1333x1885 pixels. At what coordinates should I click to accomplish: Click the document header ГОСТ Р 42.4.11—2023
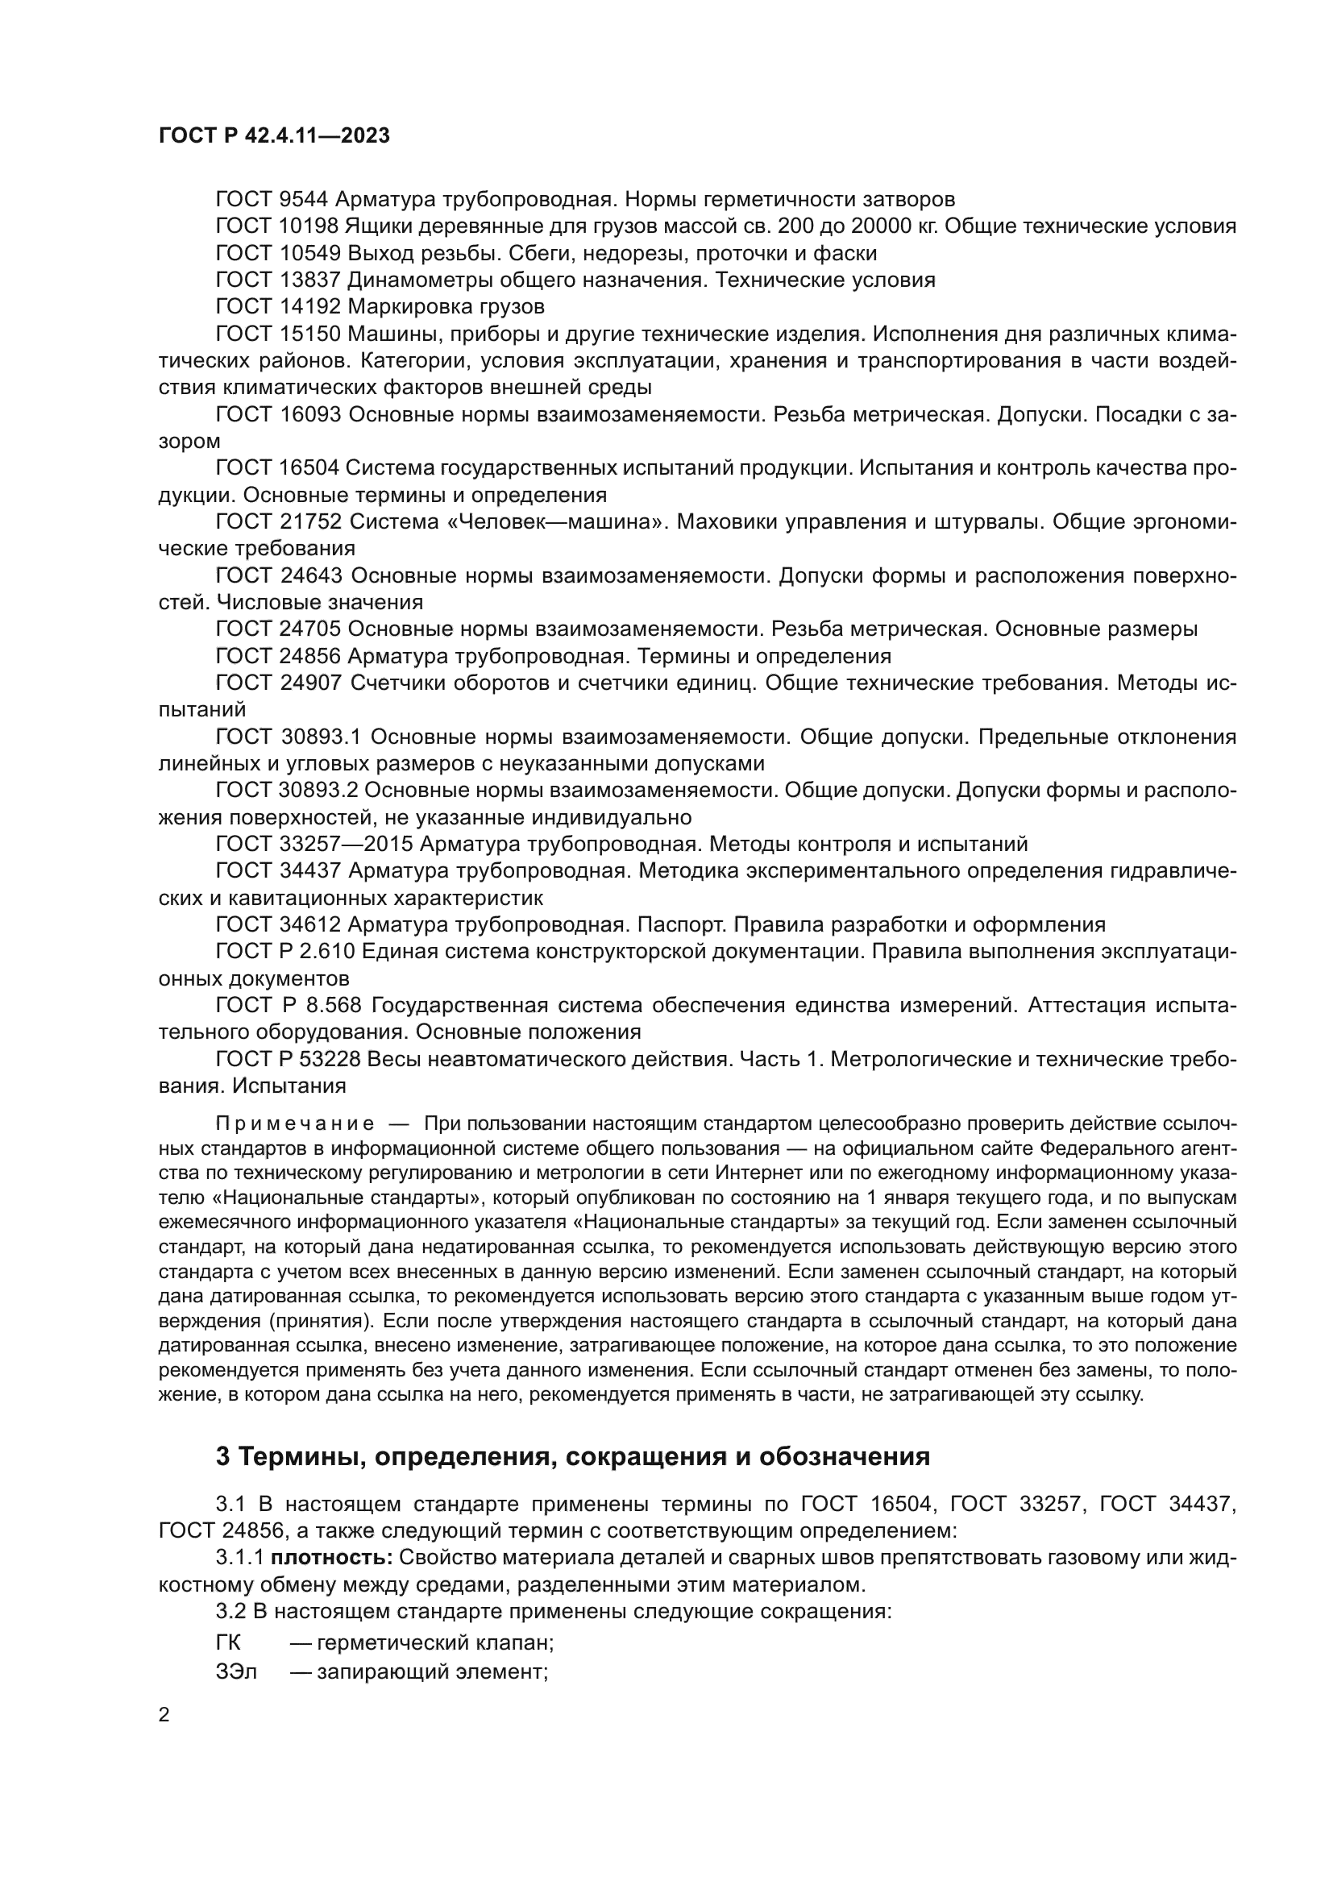pos(274,135)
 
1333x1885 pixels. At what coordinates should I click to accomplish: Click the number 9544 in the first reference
pos(304,200)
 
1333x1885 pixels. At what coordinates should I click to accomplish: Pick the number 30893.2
pos(317,790)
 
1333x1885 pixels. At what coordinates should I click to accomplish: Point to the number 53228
pos(327,1059)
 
